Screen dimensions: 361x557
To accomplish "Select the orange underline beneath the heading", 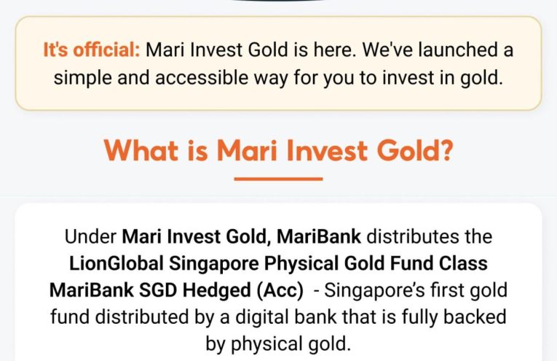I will [x=278, y=178].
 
